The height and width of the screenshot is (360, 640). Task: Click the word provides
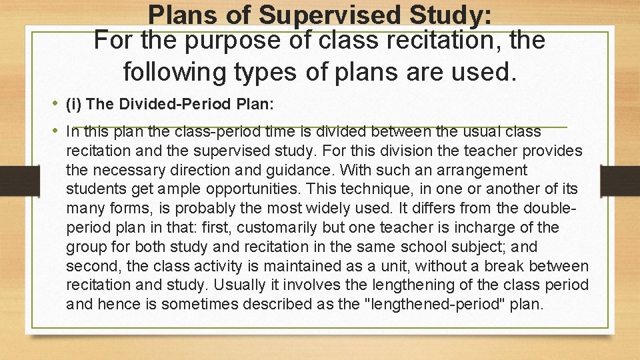[551, 151]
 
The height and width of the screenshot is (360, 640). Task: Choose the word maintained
[297, 267]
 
